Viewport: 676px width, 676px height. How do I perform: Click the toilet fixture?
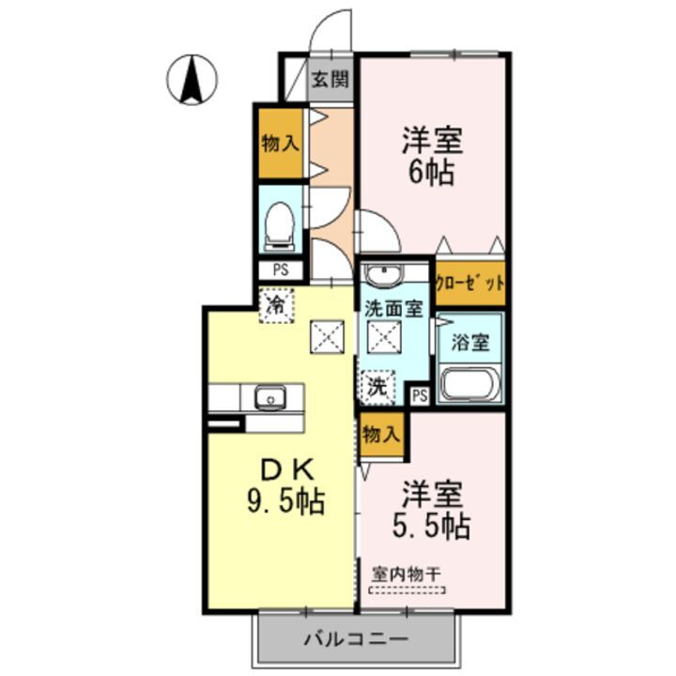[x=280, y=226]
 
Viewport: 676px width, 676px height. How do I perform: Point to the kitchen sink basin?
[x=271, y=398]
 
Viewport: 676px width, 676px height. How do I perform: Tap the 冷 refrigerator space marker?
[x=277, y=304]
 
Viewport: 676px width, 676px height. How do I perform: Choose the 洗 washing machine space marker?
[x=376, y=385]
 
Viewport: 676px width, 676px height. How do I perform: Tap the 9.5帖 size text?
[x=285, y=502]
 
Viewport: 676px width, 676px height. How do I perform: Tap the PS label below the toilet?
[x=280, y=269]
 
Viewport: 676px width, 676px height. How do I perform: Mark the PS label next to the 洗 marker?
[x=419, y=395]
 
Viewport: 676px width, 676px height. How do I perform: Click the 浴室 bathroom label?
[x=469, y=342]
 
